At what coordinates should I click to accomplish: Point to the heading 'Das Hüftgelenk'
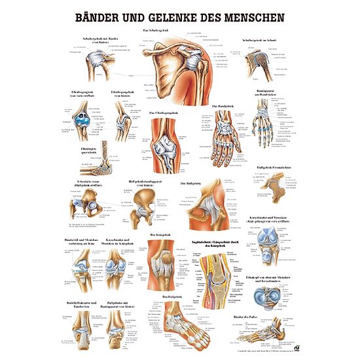coord(190,184)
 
